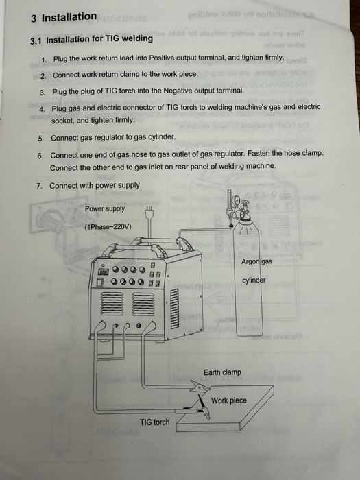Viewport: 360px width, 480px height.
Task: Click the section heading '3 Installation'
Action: click(x=64, y=17)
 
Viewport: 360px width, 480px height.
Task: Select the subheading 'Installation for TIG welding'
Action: click(x=99, y=39)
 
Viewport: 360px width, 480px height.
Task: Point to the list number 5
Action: click(x=41, y=139)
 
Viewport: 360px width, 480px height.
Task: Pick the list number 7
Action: click(x=40, y=186)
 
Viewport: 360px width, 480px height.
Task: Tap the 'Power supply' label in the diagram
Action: click(x=105, y=208)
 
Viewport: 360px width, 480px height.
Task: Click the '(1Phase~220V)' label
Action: click(x=108, y=227)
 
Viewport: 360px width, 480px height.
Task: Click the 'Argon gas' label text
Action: click(x=256, y=261)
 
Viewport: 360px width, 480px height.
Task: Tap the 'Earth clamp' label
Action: click(x=223, y=372)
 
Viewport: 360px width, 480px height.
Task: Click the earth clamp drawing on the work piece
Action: click(x=200, y=386)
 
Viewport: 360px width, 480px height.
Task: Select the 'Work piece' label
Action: click(x=228, y=400)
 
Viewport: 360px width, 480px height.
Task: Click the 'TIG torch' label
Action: click(x=154, y=422)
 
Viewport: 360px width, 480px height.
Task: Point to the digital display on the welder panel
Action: click(x=104, y=272)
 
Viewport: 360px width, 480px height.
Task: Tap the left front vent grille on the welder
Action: click(x=112, y=303)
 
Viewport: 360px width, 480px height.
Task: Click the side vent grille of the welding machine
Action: click(x=174, y=309)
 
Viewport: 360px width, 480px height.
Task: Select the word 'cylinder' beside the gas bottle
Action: click(x=254, y=280)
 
